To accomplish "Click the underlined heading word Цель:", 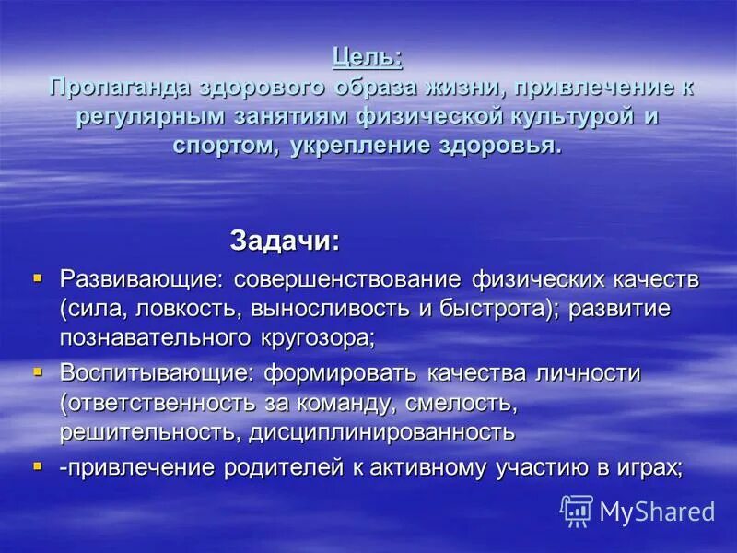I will [368, 57].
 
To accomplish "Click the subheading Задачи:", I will [285, 241].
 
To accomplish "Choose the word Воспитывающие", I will [155, 373].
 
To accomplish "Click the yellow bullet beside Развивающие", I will [38, 276].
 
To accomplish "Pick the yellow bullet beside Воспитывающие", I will [38, 371].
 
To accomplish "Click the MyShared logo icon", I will [577, 511].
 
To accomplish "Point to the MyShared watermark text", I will [657, 512].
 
